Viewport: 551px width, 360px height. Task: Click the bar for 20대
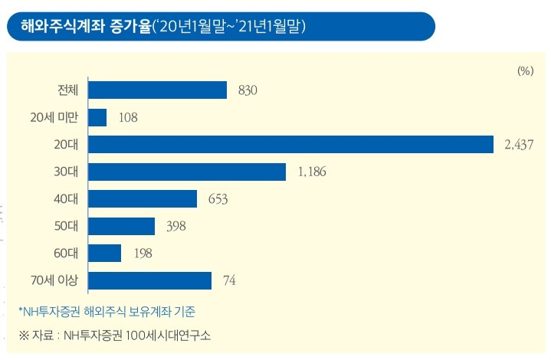[x=290, y=145]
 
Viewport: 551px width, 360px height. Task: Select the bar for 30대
[x=187, y=172]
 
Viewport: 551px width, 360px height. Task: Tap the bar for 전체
[x=158, y=90]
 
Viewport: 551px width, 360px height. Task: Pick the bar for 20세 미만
[x=97, y=117]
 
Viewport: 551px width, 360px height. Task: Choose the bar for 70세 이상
[x=150, y=280]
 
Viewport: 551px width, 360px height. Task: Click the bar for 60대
[x=105, y=253]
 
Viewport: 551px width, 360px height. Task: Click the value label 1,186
[x=311, y=172]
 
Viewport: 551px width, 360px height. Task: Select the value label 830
[x=248, y=91]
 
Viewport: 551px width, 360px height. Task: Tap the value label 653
[x=218, y=199]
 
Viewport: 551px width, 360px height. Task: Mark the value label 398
[x=175, y=226]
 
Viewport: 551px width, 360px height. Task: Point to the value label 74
[x=228, y=281]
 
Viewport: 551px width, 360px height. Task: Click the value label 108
[x=127, y=118]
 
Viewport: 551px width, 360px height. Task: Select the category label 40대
[x=67, y=199]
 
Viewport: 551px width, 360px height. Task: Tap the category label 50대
[x=67, y=226]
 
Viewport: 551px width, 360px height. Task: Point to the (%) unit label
[x=524, y=70]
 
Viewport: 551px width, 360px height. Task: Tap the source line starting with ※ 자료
[x=115, y=335]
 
